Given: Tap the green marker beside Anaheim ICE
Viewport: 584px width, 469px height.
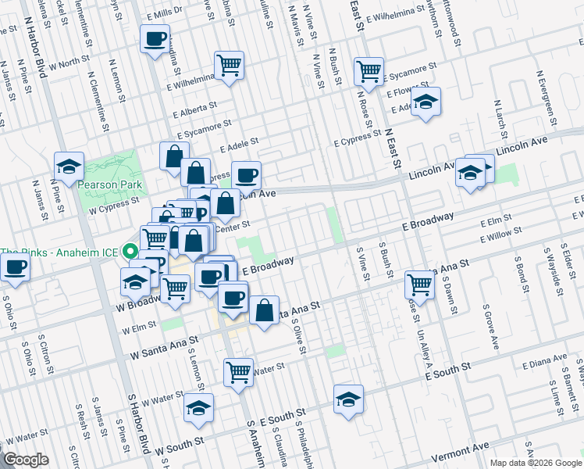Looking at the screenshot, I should pos(130,252).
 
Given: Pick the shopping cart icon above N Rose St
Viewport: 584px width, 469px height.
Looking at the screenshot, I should pos(369,71).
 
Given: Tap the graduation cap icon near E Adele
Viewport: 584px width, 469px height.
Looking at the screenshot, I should pos(426,102).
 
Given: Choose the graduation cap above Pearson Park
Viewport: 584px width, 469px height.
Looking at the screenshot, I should pos(69,166).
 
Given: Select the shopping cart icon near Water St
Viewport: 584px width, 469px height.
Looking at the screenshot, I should pos(238,371).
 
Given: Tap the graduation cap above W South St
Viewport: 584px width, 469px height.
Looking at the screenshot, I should pos(199,408).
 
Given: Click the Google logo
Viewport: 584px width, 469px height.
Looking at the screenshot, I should pos(27,460).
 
